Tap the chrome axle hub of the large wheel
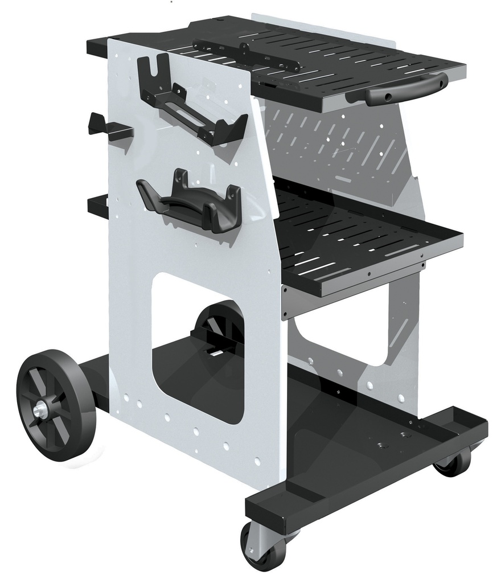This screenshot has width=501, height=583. tap(41, 409)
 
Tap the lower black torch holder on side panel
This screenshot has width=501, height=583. tap(191, 199)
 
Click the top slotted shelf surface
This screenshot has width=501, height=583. tap(342, 63)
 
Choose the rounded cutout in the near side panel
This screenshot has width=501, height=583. tap(196, 347)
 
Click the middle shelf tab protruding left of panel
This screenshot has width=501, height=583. tap(98, 206)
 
